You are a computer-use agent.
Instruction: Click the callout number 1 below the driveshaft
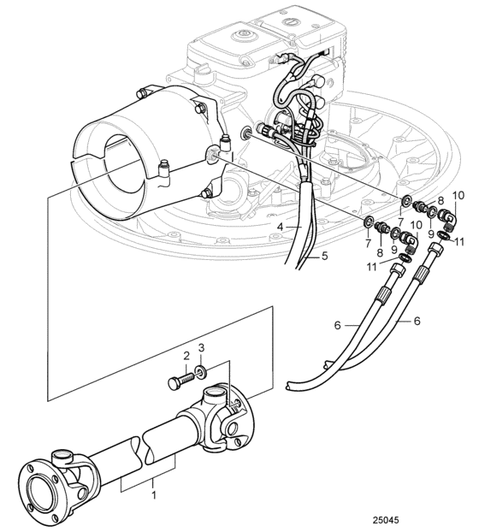click(x=154, y=494)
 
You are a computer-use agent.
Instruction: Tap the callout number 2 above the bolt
click(x=186, y=356)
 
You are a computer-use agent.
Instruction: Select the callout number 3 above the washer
click(x=202, y=348)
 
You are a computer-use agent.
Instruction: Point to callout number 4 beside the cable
click(x=280, y=227)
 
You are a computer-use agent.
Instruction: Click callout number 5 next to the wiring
click(x=325, y=256)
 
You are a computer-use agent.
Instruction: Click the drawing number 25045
click(x=386, y=520)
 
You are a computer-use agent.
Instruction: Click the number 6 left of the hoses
click(x=337, y=325)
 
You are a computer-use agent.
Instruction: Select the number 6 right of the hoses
click(x=417, y=321)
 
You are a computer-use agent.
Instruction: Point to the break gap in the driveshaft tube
click(x=142, y=448)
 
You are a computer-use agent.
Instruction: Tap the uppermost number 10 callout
click(x=458, y=196)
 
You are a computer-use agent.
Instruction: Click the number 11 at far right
click(x=459, y=241)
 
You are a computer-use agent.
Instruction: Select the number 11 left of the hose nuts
click(x=372, y=267)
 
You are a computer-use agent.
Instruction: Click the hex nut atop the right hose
click(x=436, y=251)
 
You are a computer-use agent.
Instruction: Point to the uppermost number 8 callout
click(x=441, y=200)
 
